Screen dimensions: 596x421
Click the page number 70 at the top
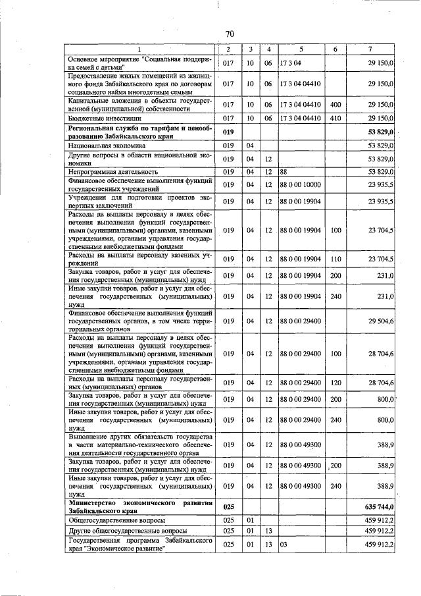pyautogui.click(x=230, y=34)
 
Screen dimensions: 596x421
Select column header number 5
pyautogui.click(x=300, y=49)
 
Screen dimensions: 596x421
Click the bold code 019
pyautogui.click(x=228, y=130)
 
